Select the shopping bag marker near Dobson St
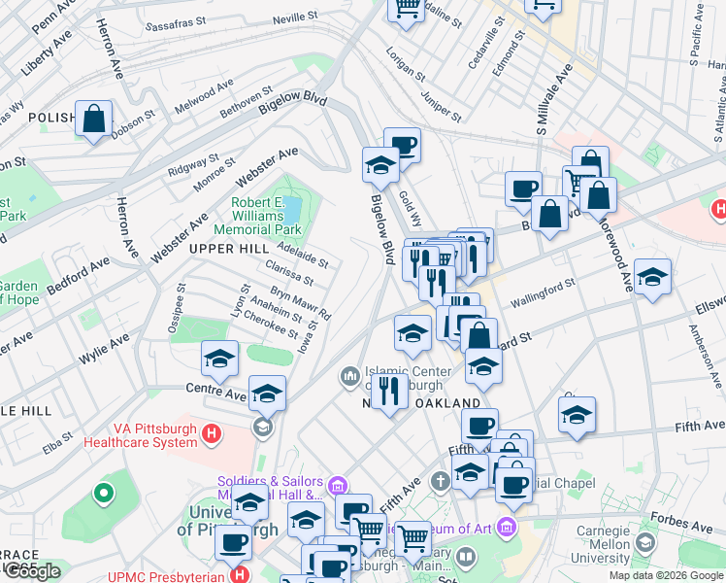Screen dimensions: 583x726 (x=93, y=120)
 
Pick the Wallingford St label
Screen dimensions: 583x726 (x=544, y=290)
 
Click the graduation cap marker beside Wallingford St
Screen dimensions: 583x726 (x=652, y=278)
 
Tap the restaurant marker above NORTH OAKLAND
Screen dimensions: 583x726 (x=389, y=392)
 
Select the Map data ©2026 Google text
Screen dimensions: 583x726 (x=666, y=575)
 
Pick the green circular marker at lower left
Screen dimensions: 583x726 (x=102, y=494)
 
